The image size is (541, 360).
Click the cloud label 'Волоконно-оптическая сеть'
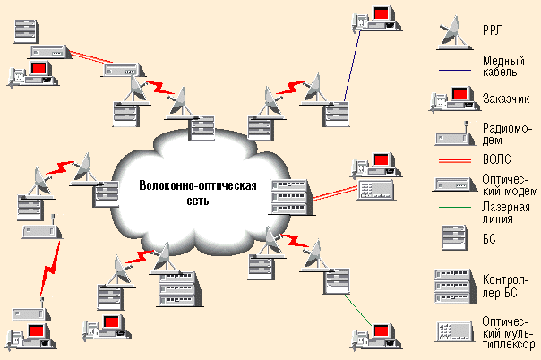[x=197, y=193]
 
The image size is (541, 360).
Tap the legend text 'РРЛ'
[x=493, y=30]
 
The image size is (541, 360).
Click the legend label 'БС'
[x=488, y=239]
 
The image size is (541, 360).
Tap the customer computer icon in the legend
[x=452, y=98]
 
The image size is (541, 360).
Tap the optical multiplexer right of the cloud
[x=373, y=189]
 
